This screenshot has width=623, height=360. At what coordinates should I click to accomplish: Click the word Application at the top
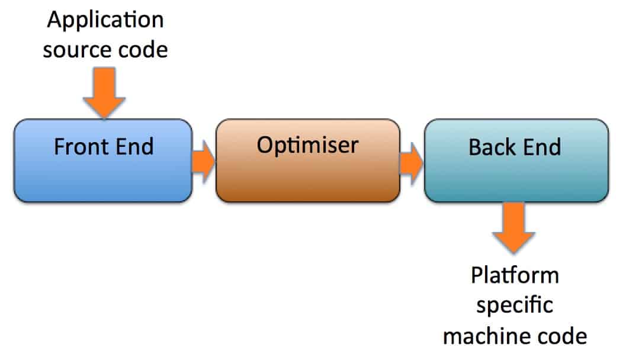coord(105,21)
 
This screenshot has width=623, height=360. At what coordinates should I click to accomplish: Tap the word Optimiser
coord(307,145)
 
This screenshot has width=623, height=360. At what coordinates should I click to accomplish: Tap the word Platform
coord(515,277)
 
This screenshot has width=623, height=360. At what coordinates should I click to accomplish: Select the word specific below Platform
coord(515,306)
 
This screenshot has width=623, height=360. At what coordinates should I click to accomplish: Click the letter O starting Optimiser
coord(265,145)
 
